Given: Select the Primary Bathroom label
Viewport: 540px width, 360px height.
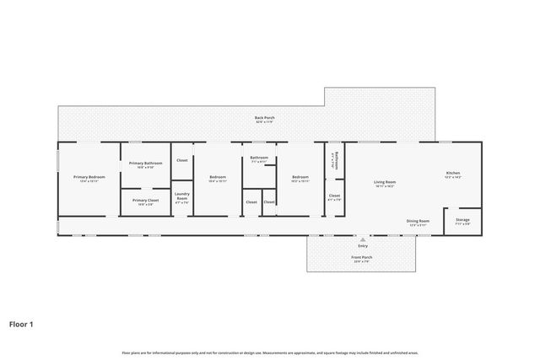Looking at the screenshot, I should (x=146, y=163).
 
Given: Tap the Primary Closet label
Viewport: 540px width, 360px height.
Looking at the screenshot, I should (x=146, y=200).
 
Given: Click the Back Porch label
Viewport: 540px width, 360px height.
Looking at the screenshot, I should (x=265, y=117).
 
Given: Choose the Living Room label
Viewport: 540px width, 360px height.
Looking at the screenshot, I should (x=386, y=181).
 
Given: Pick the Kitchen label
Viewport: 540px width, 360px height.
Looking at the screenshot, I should (x=453, y=174).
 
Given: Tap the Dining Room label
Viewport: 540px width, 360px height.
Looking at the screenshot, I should (x=418, y=221).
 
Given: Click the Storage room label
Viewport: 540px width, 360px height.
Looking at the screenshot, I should (x=463, y=220).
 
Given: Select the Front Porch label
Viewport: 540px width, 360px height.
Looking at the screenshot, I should (x=362, y=256).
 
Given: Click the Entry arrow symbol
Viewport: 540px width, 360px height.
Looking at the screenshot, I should (x=362, y=239).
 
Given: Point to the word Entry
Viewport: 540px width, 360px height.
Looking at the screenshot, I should (x=362, y=245).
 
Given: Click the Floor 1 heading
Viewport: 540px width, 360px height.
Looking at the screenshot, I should (x=22, y=322).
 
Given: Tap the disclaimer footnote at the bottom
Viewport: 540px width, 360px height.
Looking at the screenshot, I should (x=270, y=352).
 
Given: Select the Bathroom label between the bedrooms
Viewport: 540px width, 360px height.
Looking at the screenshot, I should (x=259, y=158).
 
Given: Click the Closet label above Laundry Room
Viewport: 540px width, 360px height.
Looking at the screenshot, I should (x=181, y=160).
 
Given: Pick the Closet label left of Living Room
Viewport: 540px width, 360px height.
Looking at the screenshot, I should (x=334, y=196).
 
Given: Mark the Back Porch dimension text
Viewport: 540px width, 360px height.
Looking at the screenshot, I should (x=265, y=122).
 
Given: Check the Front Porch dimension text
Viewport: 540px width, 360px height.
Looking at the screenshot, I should (x=362, y=261).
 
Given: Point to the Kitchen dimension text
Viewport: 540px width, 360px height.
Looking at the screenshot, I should (x=453, y=178).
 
